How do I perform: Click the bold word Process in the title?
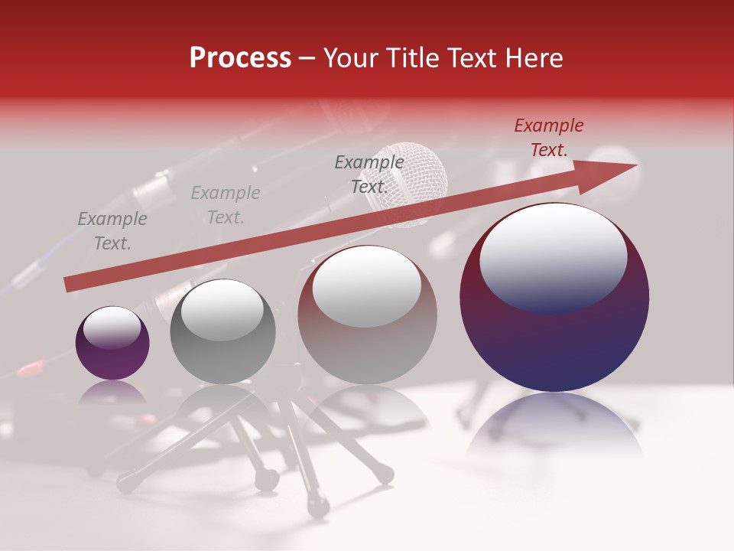pyautogui.click(x=240, y=58)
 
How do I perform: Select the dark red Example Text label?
pyautogui.click(x=548, y=138)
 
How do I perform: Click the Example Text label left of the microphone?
pyautogui.click(x=369, y=174)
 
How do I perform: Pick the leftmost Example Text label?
pyautogui.click(x=112, y=231)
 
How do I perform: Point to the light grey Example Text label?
pyautogui.click(x=226, y=205)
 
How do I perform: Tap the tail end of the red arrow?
pyautogui.click(x=69, y=284)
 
